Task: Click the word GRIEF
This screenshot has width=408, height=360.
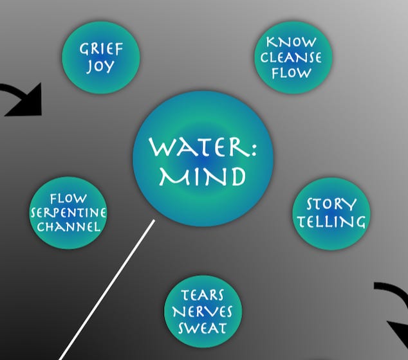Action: point(101,49)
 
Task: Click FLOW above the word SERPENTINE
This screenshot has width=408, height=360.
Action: point(68,199)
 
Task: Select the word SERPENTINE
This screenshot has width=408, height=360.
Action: point(68,213)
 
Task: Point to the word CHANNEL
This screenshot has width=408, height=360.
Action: point(68,227)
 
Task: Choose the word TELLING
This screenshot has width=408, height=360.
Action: point(331,222)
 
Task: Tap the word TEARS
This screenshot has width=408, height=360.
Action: point(203,296)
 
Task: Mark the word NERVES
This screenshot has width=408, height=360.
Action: point(203,312)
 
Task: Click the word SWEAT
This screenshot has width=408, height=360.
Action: point(203,328)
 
